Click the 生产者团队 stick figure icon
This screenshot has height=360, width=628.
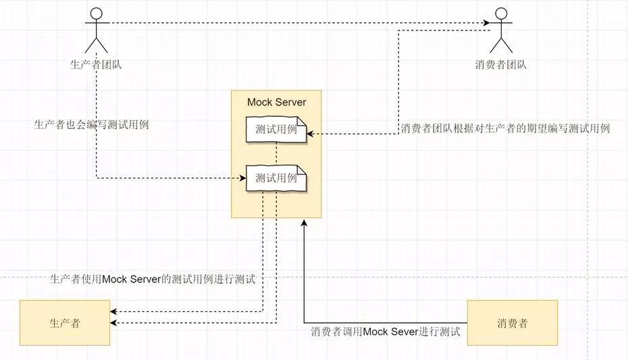[x=96, y=30]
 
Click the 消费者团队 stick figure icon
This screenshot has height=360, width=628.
[x=500, y=30]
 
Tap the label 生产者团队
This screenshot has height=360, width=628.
[x=96, y=65]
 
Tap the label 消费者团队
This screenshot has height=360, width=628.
[x=500, y=65]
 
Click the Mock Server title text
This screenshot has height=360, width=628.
[x=276, y=102]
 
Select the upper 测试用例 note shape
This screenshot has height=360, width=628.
[x=276, y=130]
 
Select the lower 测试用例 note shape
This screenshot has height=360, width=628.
[x=276, y=178]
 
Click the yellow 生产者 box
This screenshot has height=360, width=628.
[x=65, y=323]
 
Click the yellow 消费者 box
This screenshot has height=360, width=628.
[x=512, y=323]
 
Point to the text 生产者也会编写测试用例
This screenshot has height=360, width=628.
[x=91, y=124]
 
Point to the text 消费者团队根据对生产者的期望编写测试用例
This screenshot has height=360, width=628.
[x=505, y=128]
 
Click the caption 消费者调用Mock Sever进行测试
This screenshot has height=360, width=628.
[x=385, y=332]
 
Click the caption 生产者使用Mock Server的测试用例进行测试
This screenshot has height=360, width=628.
[x=153, y=279]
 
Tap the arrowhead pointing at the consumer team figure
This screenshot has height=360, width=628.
[x=487, y=24]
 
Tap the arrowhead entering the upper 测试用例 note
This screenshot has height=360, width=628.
[x=310, y=134]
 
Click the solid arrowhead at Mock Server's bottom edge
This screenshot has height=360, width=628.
[x=304, y=223]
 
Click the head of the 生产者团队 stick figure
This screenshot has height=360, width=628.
[x=96, y=12]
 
